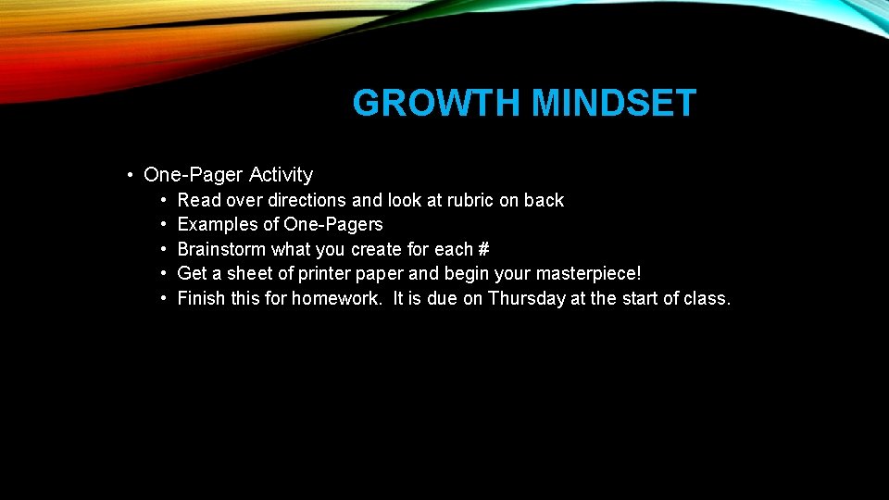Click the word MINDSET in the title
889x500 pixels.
click(613, 104)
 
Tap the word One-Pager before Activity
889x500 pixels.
click(194, 175)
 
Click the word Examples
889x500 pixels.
click(215, 225)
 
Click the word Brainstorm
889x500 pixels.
click(221, 250)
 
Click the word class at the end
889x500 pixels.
click(707, 299)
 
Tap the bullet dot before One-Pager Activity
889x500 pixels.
click(133, 176)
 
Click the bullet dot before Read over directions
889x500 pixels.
click(163, 201)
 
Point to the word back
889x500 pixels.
click(544, 200)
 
